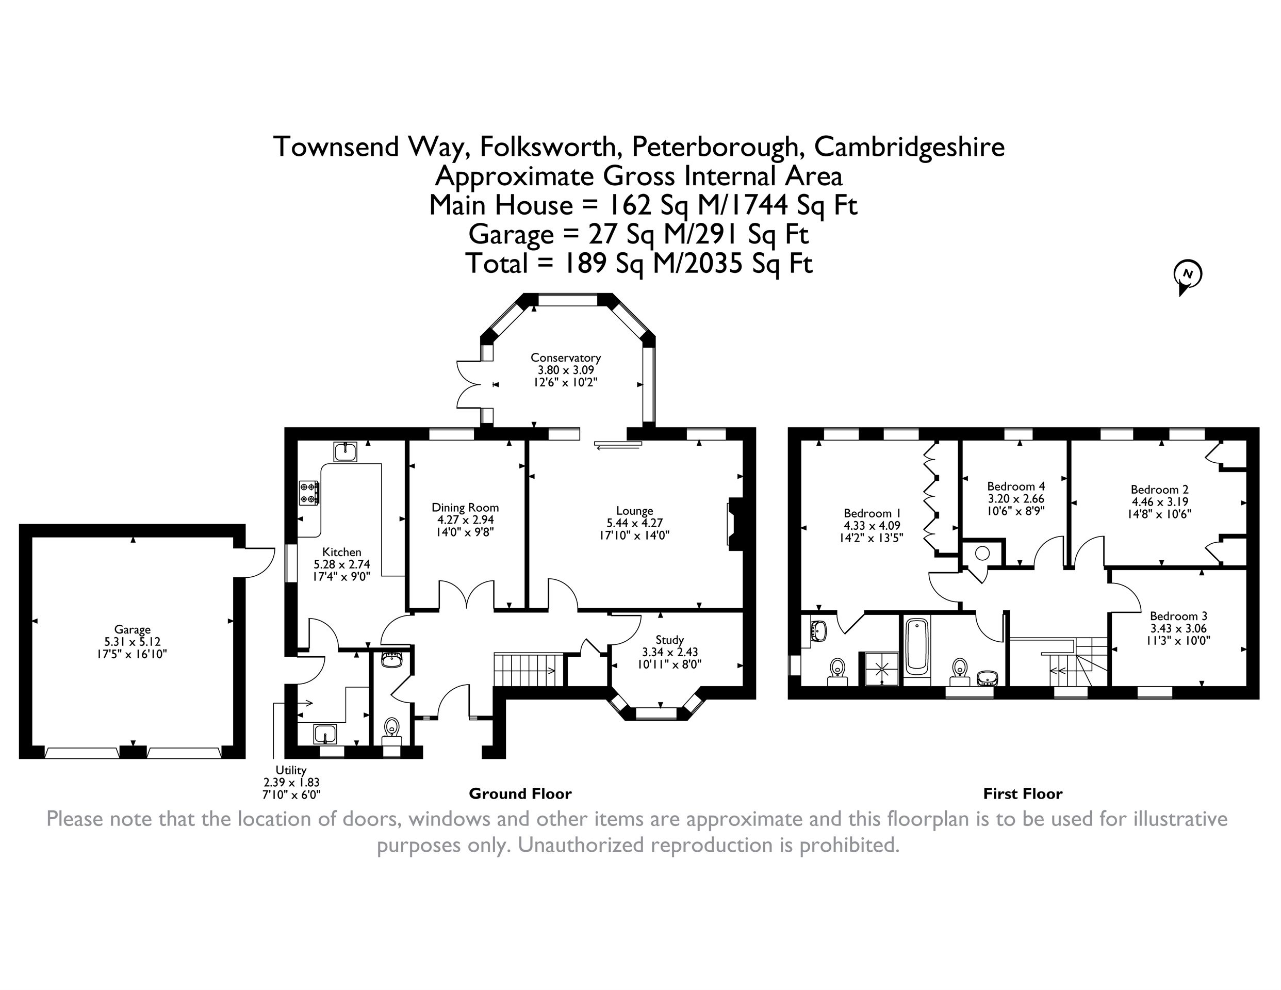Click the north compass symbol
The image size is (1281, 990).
(1187, 277)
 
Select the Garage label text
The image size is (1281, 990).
(133, 630)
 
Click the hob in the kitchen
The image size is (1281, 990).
(309, 492)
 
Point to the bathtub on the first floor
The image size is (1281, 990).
(917, 647)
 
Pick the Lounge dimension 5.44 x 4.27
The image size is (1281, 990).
(635, 523)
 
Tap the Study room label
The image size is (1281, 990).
(669, 640)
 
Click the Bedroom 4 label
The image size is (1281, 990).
(1016, 486)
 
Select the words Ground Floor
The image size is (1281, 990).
(520, 794)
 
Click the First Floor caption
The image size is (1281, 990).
(1023, 794)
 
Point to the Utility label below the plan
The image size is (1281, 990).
(291, 770)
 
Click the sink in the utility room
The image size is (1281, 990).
(324, 734)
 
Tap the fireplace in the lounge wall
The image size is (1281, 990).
(735, 524)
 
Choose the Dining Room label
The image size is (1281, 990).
(465, 508)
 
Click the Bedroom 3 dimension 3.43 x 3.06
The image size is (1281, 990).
(1178, 628)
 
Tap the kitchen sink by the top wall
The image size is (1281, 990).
(346, 452)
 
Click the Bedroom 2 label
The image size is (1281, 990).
(1160, 490)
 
